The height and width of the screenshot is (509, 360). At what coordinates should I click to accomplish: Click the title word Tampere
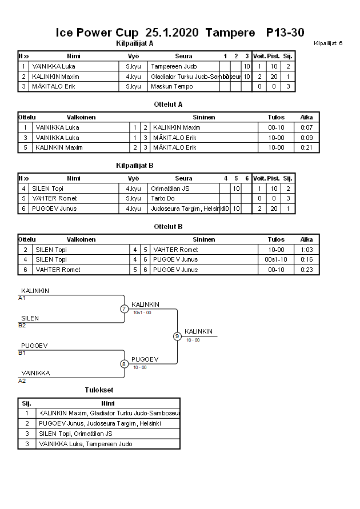[230, 33]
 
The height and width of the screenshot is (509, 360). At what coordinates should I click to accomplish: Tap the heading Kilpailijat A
[134, 43]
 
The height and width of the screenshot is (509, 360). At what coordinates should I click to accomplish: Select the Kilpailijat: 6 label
[328, 43]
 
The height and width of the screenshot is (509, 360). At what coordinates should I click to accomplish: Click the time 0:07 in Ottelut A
[307, 127]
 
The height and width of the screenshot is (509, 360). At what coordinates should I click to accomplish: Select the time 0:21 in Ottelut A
[307, 147]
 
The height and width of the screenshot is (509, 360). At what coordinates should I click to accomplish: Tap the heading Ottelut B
[168, 226]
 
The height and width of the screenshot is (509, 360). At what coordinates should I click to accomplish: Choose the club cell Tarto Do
[163, 198]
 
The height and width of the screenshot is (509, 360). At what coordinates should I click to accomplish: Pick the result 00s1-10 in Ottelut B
[276, 259]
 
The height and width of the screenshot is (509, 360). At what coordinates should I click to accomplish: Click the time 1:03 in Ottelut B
[307, 250]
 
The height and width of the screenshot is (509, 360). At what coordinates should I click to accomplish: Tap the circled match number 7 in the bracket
[124, 309]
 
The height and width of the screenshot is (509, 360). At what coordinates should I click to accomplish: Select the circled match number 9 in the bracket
[177, 336]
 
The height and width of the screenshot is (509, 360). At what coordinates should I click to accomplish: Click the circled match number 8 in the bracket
[124, 363]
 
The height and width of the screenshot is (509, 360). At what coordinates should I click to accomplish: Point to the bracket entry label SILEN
[30, 318]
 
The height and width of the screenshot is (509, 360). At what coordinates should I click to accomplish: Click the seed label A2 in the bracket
[22, 380]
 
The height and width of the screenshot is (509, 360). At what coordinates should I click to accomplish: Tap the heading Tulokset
[99, 390]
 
